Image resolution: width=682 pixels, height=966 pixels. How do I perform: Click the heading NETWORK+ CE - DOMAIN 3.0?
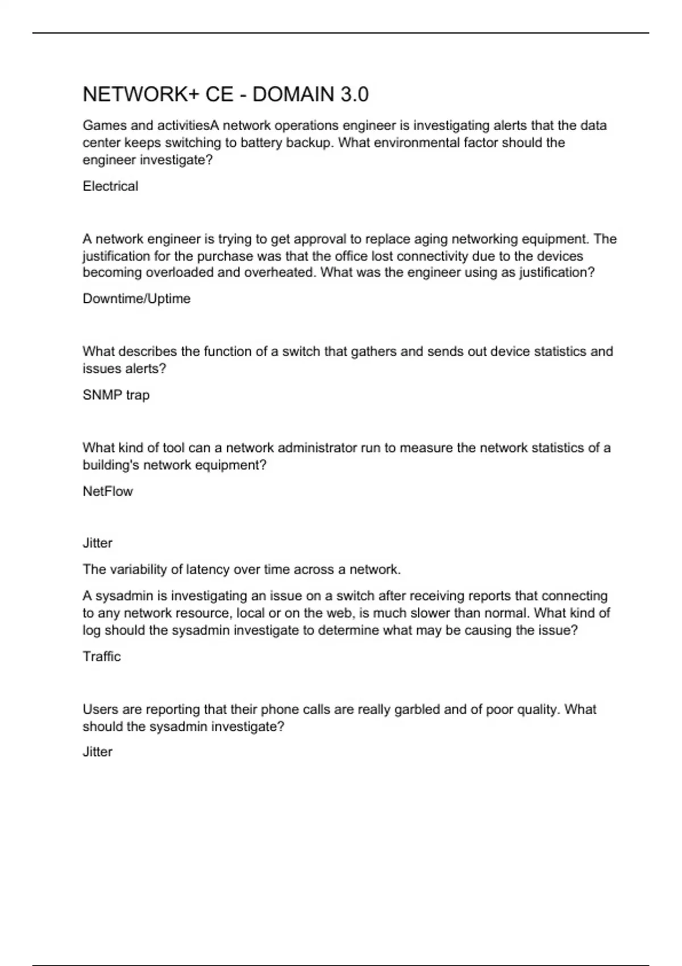(x=226, y=94)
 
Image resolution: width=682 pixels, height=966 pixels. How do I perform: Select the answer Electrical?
(x=110, y=186)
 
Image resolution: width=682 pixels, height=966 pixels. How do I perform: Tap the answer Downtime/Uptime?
(x=136, y=299)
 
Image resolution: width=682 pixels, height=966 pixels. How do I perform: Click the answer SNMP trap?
(x=116, y=395)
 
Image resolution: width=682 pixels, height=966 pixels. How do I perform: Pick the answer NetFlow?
(x=107, y=492)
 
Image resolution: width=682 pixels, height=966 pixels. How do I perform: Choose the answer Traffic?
(x=102, y=657)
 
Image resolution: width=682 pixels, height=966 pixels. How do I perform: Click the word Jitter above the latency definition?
(x=97, y=543)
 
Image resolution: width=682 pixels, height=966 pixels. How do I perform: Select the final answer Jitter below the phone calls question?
(x=97, y=752)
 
